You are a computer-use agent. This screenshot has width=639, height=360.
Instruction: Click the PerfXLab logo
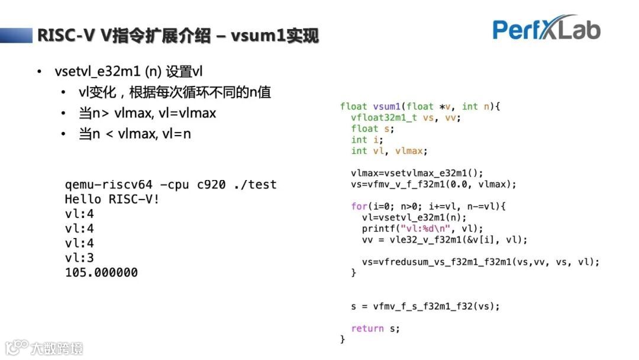point(546,28)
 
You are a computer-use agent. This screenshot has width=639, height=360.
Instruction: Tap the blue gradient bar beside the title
point(16,35)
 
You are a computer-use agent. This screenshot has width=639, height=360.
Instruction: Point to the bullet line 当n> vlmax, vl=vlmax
point(147,113)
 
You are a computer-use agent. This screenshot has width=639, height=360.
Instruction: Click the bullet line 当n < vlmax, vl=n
point(135,134)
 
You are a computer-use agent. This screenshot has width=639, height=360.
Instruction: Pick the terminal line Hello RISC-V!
point(112,199)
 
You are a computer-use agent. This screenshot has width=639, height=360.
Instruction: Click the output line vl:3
point(79,258)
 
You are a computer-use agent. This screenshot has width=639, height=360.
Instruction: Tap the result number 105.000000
point(101,273)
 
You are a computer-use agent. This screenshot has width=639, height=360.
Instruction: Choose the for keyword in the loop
point(359,207)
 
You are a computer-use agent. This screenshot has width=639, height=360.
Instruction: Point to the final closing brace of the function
point(343,339)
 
